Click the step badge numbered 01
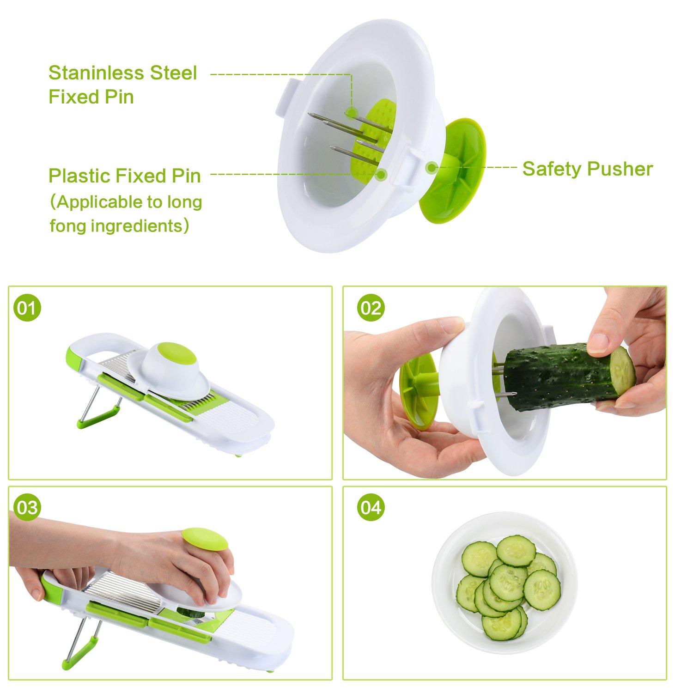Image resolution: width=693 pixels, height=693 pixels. tap(27, 308)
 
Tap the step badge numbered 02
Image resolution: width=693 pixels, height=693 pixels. tap(371, 308)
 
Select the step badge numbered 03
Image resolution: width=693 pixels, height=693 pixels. tap(27, 508)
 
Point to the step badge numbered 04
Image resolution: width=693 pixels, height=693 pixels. tap(371, 508)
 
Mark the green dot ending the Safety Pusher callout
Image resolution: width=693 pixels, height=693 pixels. tap(432, 167)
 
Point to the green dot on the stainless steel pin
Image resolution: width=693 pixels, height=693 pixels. tap(351, 112)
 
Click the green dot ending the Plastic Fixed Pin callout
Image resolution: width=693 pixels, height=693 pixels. tap(381, 174)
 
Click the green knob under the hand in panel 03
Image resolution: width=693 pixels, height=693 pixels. tap(205, 539)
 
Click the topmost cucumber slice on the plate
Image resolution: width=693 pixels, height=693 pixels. tap(516, 551)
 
